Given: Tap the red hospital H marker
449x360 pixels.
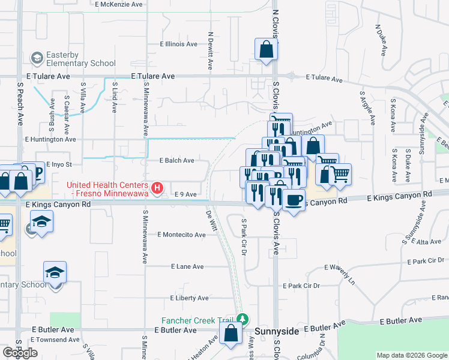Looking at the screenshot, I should (157, 188).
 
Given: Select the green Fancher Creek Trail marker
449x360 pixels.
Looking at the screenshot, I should (242, 318).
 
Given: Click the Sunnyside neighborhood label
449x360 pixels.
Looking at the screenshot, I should (277, 331).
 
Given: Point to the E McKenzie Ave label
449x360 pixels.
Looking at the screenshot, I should (119, 4).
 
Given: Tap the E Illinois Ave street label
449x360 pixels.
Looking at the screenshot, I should (178, 44).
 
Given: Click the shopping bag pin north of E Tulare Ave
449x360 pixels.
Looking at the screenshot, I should (266, 50).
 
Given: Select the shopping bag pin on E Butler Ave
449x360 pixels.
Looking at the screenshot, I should (231, 334).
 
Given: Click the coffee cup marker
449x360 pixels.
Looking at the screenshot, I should (294, 200).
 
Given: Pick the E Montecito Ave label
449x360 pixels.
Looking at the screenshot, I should (181, 235).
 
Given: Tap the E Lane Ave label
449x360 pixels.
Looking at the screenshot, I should (187, 266).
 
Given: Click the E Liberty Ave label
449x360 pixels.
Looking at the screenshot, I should (189, 298).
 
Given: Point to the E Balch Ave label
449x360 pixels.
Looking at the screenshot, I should (176, 161).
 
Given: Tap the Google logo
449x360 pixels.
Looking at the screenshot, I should (20, 353).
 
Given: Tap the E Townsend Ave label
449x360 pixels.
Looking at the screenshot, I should (55, 340).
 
